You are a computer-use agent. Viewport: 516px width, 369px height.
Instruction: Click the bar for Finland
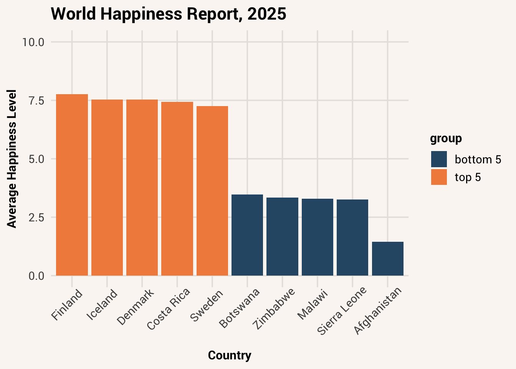pyautogui.click(x=72, y=185)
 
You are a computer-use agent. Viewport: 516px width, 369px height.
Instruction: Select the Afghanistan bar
pyautogui.click(x=388, y=259)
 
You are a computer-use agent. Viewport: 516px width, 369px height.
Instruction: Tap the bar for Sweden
pyautogui.click(x=212, y=191)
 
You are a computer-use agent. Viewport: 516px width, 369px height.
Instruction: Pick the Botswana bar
pyautogui.click(x=247, y=235)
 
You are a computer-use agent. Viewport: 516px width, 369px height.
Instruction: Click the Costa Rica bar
pyautogui.click(x=177, y=189)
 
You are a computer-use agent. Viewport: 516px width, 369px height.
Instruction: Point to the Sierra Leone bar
pyautogui.click(x=352, y=238)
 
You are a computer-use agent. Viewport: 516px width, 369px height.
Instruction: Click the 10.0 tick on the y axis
pyautogui.click(x=33, y=42)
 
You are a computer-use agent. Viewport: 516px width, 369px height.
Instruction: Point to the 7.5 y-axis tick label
pyautogui.click(x=36, y=101)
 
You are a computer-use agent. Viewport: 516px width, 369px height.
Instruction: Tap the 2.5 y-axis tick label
pyautogui.click(x=36, y=218)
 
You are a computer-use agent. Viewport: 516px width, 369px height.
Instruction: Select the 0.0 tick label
pyautogui.click(x=36, y=276)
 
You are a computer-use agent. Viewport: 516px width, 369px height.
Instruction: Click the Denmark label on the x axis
pyautogui.click(x=136, y=307)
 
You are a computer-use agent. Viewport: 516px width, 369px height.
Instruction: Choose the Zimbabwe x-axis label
pyautogui.click(x=274, y=309)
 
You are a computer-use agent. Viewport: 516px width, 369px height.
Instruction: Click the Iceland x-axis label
pyautogui.click(x=102, y=305)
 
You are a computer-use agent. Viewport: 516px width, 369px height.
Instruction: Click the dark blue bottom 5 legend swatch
pyautogui.click(x=439, y=159)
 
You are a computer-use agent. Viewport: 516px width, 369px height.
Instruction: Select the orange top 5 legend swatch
pyautogui.click(x=439, y=177)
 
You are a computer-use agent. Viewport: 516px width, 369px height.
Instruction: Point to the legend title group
pyautogui.click(x=446, y=139)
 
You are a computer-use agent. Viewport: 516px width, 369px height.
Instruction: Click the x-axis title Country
pyautogui.click(x=230, y=356)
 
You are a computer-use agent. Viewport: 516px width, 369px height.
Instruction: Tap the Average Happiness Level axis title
pyautogui.click(x=12, y=159)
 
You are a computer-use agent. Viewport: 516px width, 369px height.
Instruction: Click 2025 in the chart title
pyautogui.click(x=267, y=14)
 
